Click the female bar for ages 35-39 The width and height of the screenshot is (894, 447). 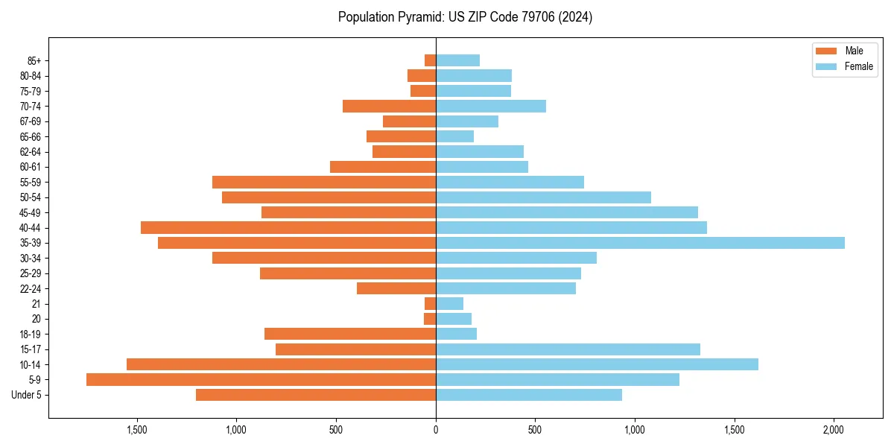(x=640, y=243)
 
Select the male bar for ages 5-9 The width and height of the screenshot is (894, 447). (x=261, y=380)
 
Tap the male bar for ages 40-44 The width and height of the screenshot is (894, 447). (x=288, y=227)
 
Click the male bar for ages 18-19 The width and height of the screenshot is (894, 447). (x=350, y=334)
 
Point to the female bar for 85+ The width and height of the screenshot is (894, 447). (x=457, y=60)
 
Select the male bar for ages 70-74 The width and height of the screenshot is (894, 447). (x=389, y=106)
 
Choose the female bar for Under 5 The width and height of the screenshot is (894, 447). (x=529, y=395)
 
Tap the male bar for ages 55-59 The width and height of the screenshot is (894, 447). (x=324, y=182)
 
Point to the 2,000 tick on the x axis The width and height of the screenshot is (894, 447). (x=834, y=430)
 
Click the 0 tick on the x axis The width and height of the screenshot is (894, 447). (x=436, y=430)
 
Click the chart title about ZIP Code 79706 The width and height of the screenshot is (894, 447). (x=465, y=17)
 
